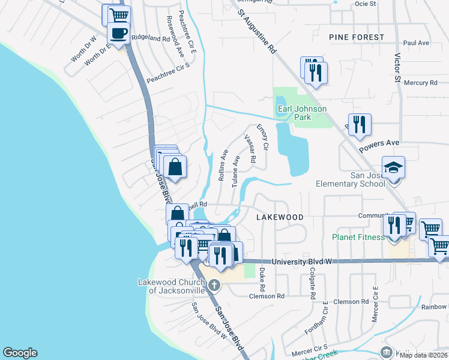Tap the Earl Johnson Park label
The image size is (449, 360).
click(302, 113)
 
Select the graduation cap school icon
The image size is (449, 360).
click(394, 167)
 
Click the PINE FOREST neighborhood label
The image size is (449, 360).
click(357, 37)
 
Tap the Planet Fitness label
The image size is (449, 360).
click(358, 237)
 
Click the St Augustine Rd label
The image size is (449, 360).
click(256, 32)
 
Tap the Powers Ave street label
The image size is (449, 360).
click(379, 146)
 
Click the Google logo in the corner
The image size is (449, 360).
click(20, 353)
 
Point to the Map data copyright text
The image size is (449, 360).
click(423, 355)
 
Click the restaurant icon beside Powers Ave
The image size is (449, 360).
click(359, 124)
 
